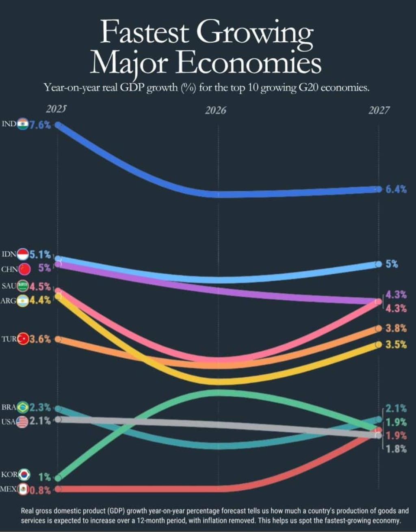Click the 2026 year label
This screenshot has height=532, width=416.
(215, 110)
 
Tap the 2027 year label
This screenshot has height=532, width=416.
(379, 110)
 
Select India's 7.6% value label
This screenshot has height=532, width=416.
(40, 125)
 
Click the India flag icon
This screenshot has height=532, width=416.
(23, 124)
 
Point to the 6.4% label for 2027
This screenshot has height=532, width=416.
(396, 189)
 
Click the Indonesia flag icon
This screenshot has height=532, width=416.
(23, 254)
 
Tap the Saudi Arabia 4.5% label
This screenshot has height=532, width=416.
(40, 286)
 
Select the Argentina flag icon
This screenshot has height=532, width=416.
(22, 301)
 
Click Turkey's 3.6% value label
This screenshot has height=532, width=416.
(40, 340)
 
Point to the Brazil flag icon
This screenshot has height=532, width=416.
(23, 407)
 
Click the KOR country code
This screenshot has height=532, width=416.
(10, 474)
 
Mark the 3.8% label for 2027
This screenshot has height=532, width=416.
(396, 328)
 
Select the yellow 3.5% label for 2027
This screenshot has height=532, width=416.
(396, 345)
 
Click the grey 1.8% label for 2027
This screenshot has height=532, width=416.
(396, 449)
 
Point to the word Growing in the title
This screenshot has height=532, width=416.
(255, 33)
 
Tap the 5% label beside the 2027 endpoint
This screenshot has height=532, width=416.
(392, 264)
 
